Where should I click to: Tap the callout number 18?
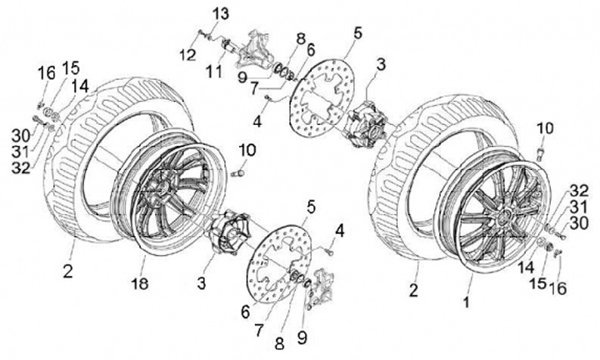pyautogui.click(x=140, y=283)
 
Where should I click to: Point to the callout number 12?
pyautogui.click(x=187, y=54)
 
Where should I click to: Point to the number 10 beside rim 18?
pyautogui.click(x=247, y=150)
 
